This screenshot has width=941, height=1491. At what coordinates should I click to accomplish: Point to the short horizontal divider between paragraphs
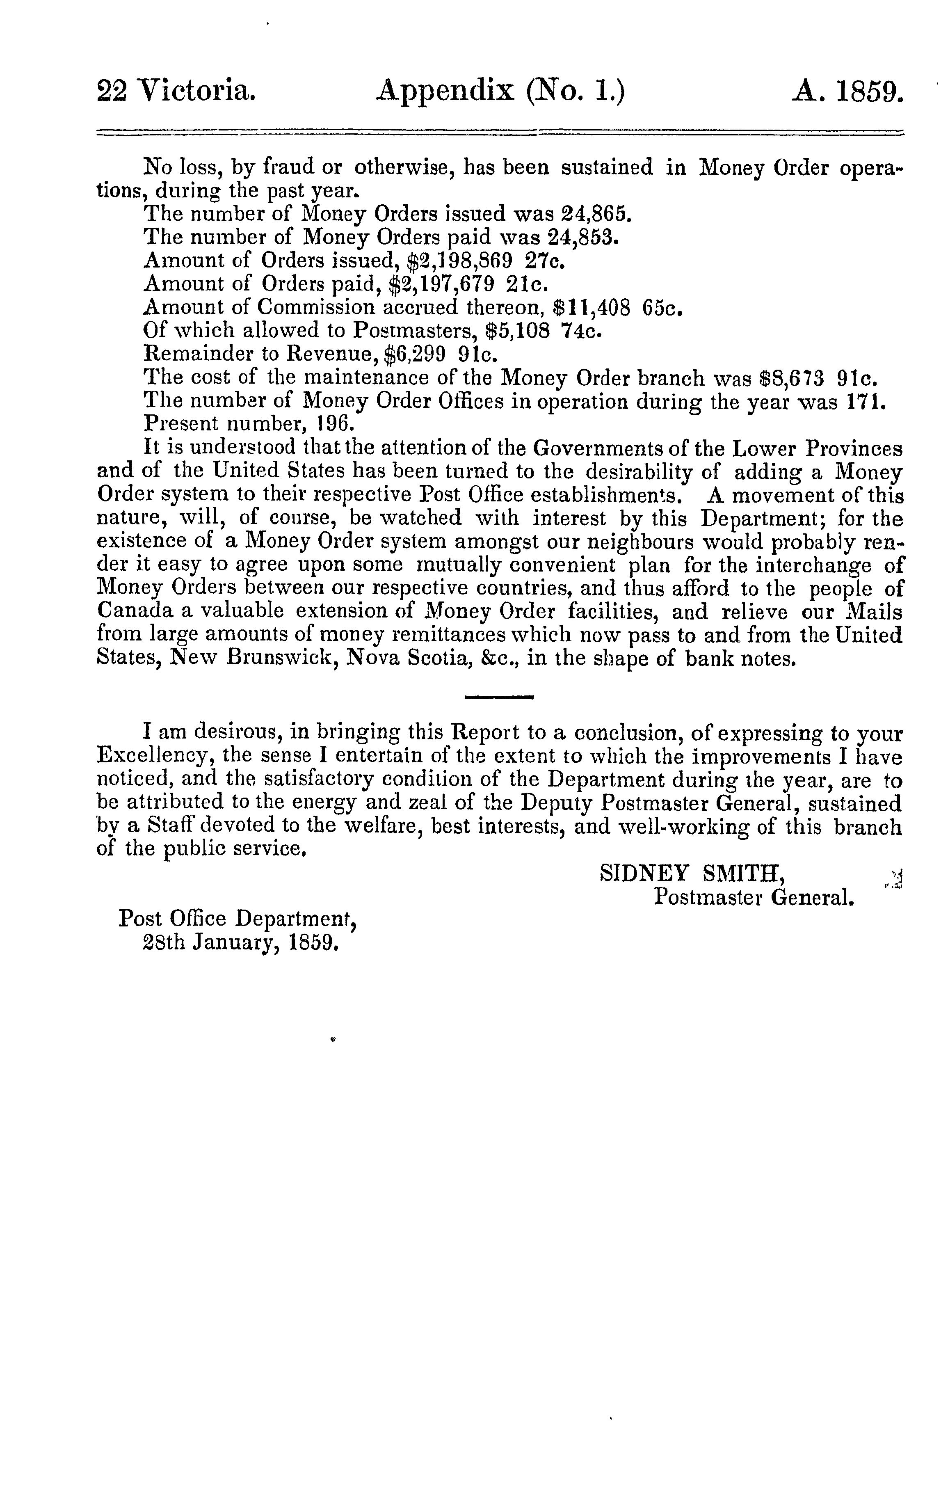pos(499,698)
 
